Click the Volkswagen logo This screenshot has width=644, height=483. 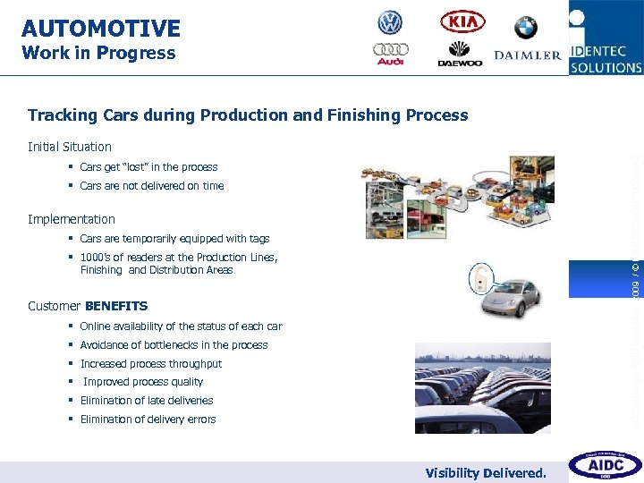click(x=390, y=22)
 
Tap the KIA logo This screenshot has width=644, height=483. click(x=462, y=21)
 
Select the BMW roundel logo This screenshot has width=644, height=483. click(x=526, y=27)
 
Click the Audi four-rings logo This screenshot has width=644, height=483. click(x=391, y=54)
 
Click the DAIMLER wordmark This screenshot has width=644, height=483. click(x=528, y=55)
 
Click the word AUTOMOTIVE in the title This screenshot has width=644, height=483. click(x=100, y=29)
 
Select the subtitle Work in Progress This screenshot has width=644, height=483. click(x=98, y=53)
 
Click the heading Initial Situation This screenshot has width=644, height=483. click(x=70, y=147)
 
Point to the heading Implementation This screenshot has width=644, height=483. click(x=72, y=219)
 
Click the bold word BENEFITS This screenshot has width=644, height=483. click(x=116, y=306)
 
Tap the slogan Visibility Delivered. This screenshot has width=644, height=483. click(x=486, y=472)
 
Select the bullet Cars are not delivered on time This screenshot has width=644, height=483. click(x=151, y=186)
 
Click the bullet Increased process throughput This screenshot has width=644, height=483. click(x=150, y=364)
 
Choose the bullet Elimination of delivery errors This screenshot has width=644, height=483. click(x=148, y=419)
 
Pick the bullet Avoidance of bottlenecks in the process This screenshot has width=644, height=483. click(x=174, y=345)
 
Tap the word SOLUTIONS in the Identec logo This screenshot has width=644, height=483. click(x=607, y=67)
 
